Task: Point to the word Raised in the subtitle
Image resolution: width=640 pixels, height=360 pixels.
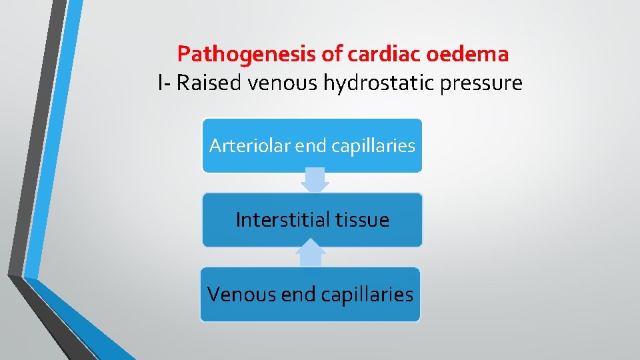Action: [x=210, y=84]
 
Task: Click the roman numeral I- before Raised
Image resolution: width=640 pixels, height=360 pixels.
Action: [x=165, y=84]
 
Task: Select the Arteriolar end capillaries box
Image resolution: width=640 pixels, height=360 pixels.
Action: [x=312, y=145]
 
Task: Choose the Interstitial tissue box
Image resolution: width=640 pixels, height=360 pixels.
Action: [x=312, y=220]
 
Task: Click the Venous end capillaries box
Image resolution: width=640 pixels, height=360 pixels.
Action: [x=311, y=294]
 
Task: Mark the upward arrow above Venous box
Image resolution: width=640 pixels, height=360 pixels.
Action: [x=311, y=255]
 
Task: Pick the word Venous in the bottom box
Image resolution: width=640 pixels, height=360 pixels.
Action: [x=237, y=294]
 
